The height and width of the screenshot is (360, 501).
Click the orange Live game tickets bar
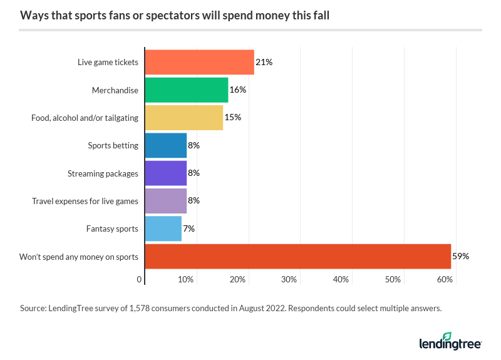(199, 62)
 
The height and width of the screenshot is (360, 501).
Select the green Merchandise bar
(186, 90)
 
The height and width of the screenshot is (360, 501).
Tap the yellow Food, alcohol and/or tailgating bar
(183, 117)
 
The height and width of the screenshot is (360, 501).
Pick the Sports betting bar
(165, 145)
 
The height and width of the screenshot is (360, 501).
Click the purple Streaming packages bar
(165, 173)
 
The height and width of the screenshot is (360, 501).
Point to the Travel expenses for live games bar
(165, 201)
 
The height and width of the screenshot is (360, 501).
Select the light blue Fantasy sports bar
(163, 229)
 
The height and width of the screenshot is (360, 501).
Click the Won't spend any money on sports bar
(297, 256)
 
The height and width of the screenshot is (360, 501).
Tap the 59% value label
(460, 256)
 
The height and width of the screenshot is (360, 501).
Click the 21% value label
(264, 62)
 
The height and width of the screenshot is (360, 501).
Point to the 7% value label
(188, 229)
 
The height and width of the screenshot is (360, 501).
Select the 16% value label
(237, 90)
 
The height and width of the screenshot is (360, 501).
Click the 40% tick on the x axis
(341, 279)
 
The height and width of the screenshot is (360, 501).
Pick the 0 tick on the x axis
(140, 279)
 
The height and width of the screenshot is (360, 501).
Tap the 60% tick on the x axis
(445, 279)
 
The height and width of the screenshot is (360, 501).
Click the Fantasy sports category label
(112, 229)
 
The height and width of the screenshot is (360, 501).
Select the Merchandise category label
(115, 90)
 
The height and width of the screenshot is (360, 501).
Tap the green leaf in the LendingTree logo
(447, 336)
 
